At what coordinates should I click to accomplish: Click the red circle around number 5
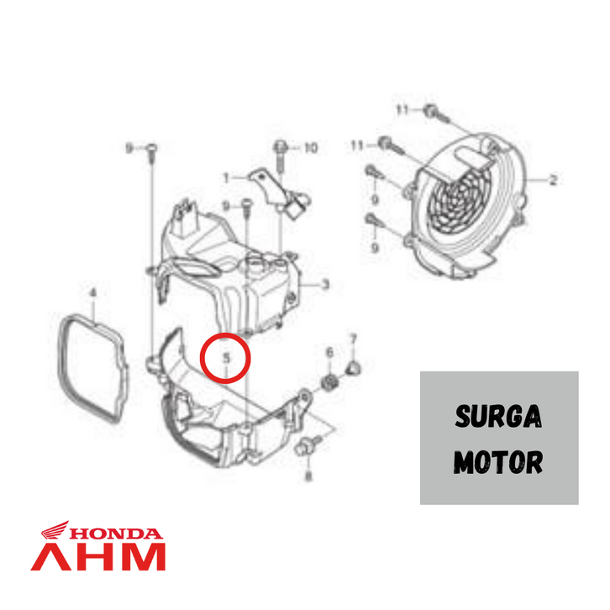click(226, 358)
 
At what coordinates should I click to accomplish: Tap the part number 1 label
click(226, 177)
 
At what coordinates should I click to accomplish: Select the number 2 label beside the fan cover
click(553, 180)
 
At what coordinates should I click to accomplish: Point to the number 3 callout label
click(325, 285)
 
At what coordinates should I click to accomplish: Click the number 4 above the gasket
click(93, 293)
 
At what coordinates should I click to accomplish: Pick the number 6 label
click(329, 352)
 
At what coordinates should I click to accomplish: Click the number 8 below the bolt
click(307, 476)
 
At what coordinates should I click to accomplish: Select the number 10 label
click(310, 149)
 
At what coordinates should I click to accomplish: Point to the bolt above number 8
click(304, 450)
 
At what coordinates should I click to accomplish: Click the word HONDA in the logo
click(114, 533)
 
